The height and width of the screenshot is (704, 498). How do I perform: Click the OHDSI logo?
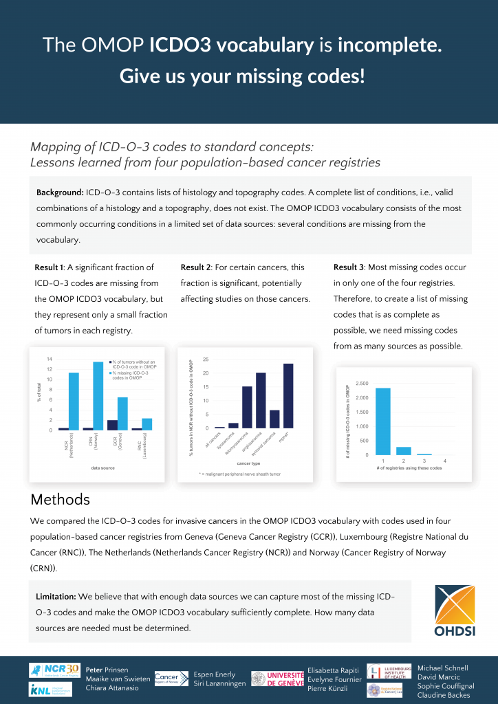[455, 611]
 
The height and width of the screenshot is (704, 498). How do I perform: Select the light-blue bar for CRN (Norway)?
[98, 396]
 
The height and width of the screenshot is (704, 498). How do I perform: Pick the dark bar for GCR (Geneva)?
[113, 425]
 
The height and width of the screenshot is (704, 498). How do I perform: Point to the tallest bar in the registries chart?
[383, 421]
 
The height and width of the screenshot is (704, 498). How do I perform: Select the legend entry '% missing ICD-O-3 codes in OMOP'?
[133, 375]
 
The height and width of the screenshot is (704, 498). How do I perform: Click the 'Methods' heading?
[61, 499]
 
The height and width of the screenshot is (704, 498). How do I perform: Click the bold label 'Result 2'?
[197, 267]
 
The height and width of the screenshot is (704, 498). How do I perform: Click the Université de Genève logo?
[277, 679]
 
